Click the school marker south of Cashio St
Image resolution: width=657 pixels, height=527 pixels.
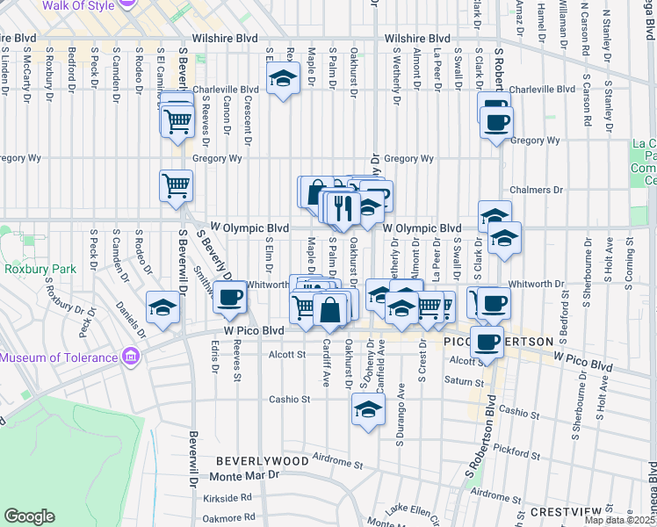pos(369,408)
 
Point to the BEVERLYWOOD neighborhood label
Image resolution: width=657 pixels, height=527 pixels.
pos(263,461)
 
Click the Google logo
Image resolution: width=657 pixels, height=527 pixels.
pos(29,516)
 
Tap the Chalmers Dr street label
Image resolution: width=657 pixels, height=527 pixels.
pos(536,189)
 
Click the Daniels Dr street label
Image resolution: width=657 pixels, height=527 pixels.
pos(127,309)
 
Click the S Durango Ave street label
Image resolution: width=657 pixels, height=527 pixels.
pos(400,405)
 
